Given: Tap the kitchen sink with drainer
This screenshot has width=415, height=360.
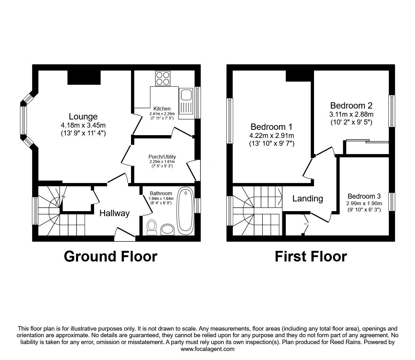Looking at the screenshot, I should (x=186, y=103).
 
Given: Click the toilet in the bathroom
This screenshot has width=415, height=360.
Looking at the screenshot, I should (x=152, y=227).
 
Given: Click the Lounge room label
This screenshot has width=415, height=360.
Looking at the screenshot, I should (x=83, y=117).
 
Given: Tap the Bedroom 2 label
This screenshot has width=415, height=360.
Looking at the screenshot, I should (x=351, y=105).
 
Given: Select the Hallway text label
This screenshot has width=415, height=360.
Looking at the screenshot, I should (x=114, y=213).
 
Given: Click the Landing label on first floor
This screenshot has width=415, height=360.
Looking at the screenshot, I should (x=307, y=198).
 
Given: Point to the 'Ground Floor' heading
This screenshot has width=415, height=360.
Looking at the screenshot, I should (x=110, y=256).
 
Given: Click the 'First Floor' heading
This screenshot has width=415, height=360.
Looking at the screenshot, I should (x=311, y=256).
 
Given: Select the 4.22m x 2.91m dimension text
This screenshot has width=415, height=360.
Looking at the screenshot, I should (x=272, y=136).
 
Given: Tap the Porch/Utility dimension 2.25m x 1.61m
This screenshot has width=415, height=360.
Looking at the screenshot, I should (x=162, y=162).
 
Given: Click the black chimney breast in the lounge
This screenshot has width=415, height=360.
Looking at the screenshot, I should (x=84, y=77).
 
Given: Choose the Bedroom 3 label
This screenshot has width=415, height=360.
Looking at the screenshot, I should (x=364, y=196).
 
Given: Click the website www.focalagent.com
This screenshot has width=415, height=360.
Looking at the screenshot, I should (x=207, y=349).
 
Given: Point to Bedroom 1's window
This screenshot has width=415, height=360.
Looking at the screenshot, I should (x=230, y=121).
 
